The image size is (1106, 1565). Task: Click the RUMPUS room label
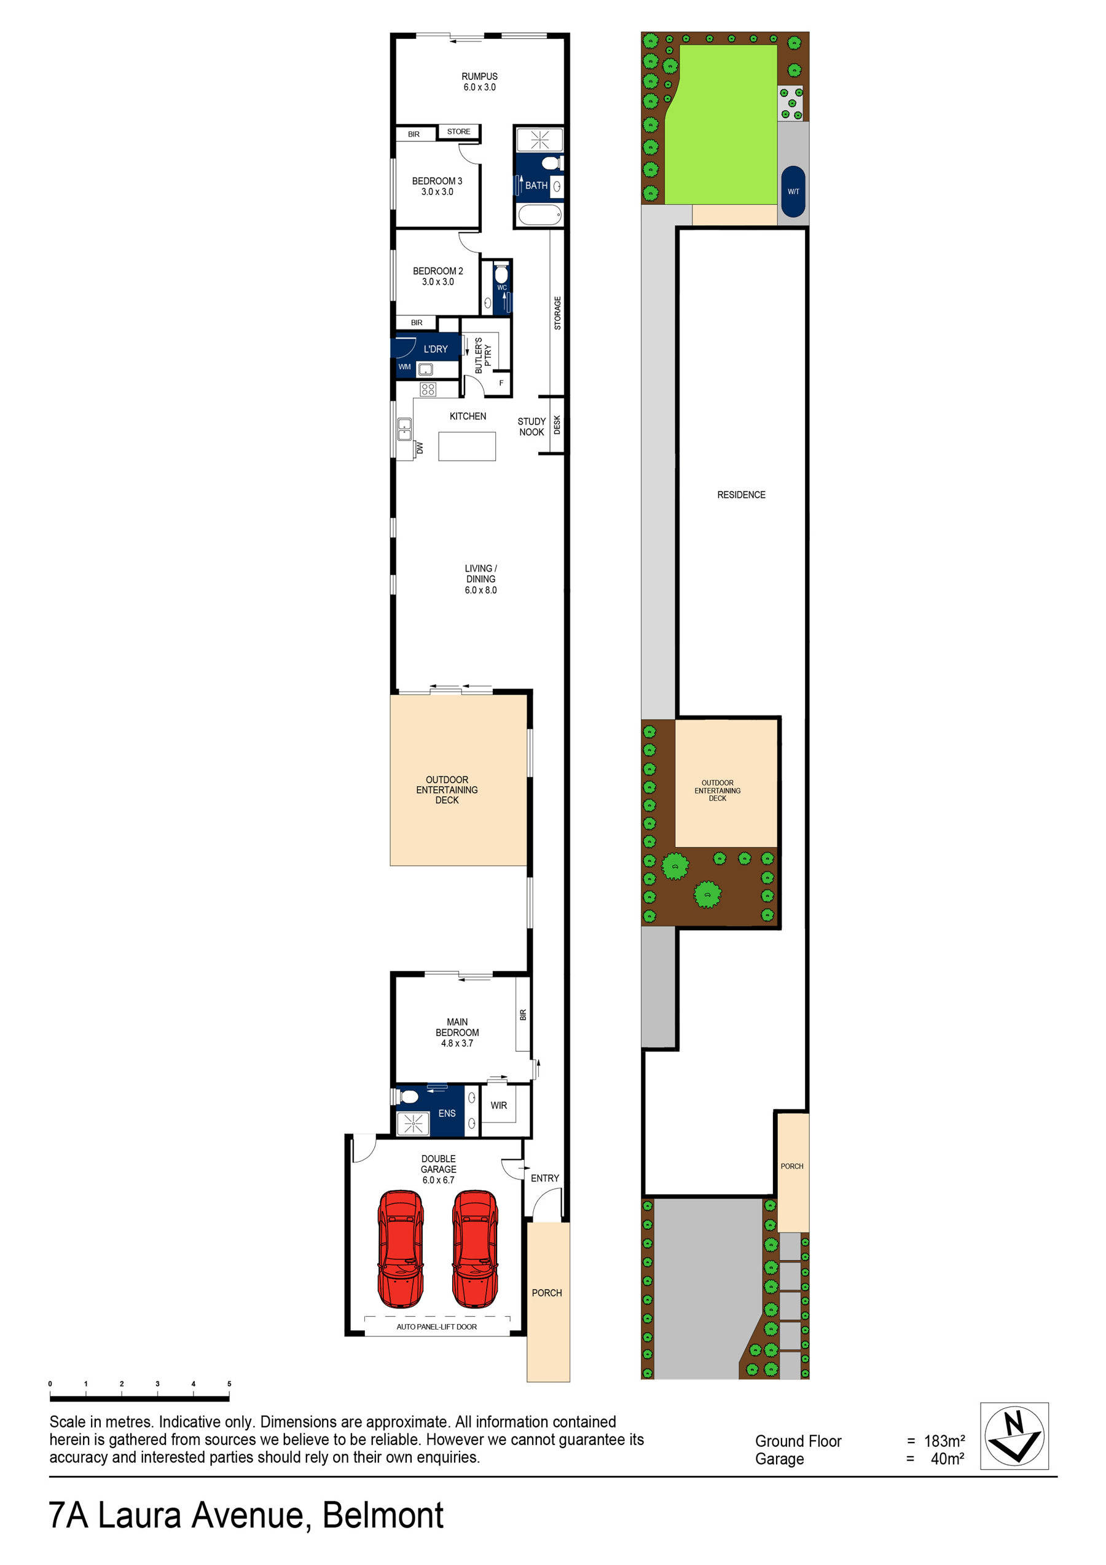coord(479,76)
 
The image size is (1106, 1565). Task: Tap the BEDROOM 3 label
coord(437,181)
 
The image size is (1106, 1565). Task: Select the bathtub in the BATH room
coord(539,215)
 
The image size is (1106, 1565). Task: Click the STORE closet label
coord(458,132)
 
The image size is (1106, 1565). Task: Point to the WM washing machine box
coord(405,367)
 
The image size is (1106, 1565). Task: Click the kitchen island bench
coord(467,446)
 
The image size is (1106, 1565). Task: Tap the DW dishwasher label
coord(420,448)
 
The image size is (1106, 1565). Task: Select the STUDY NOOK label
coord(531,427)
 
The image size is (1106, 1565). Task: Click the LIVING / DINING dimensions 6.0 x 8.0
coord(480,590)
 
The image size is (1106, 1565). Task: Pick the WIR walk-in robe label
coord(498,1105)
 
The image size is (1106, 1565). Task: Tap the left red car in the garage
coord(401,1248)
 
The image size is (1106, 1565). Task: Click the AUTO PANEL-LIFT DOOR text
coord(436,1327)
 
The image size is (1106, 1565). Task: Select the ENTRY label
coord(544,1178)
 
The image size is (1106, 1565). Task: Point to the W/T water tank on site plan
coord(793,192)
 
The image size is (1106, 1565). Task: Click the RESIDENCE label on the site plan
coord(741,495)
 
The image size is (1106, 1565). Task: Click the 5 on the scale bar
coord(229,1384)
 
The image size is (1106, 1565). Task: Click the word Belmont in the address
coord(382,1515)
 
